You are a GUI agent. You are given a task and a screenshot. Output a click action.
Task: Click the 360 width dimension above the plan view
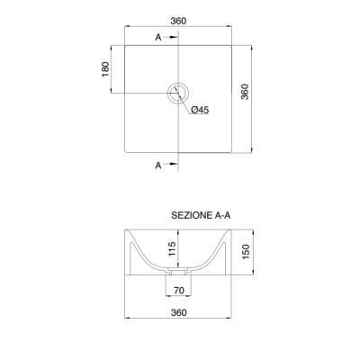tap(178, 21)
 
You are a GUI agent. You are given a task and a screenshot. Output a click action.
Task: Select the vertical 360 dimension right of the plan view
tap(245, 92)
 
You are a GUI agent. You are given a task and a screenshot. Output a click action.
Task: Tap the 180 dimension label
tap(105, 69)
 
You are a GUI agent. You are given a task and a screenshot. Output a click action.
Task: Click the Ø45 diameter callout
tap(200, 110)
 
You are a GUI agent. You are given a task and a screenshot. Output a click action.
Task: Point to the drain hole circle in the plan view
tap(178, 83)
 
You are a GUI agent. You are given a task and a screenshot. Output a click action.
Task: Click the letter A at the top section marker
tap(158, 38)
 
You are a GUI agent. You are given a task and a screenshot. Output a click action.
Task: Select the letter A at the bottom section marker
tap(158, 166)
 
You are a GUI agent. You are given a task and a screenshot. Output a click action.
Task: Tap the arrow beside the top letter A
tap(171, 37)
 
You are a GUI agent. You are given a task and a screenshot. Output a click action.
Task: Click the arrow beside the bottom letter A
tap(171, 164)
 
